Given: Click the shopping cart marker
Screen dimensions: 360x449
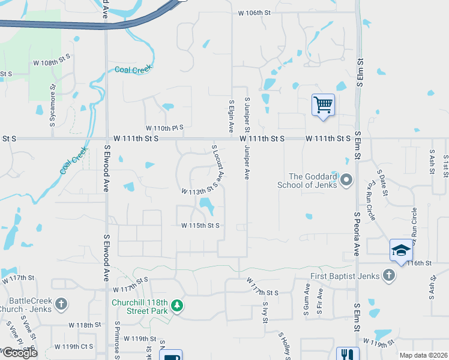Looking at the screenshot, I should [323, 106].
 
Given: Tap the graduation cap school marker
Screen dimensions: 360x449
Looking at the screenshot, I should [401, 250].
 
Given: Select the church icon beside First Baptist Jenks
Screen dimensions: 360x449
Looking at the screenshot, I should [389, 276].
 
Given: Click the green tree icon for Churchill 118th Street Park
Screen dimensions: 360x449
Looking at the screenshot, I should [177, 306].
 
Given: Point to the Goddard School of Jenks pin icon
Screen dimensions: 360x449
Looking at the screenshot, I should [346, 180].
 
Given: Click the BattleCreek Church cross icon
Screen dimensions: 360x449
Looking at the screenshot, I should [61, 305].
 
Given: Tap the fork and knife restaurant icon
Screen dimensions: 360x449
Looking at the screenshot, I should [348, 355].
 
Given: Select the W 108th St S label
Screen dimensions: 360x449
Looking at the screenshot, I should [52, 62].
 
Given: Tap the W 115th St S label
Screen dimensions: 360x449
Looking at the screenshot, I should [200, 226].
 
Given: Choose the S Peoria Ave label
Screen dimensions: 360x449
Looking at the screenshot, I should [357, 233].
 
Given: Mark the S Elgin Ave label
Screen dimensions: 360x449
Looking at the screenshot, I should [231, 116].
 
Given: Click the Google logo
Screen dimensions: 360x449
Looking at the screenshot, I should [20, 353].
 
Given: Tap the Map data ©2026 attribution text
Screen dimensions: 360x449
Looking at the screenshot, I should [423, 355].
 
